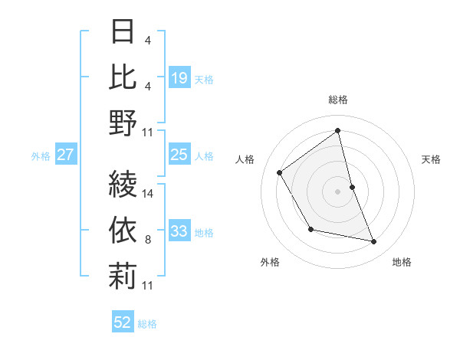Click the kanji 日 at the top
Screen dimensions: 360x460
point(123,31)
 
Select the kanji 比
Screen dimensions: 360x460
point(123,77)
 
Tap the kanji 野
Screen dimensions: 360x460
point(123,123)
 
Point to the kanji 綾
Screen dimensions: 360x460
point(123,182)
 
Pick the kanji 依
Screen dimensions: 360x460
point(123,229)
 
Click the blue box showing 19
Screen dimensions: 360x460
point(179,77)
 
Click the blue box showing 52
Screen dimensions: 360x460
point(123,322)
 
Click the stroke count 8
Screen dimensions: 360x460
point(148,240)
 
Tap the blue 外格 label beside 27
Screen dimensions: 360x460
point(41,156)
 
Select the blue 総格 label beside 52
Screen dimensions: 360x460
point(147,323)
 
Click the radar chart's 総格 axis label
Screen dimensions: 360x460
point(338,100)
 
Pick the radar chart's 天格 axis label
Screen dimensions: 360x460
point(432,159)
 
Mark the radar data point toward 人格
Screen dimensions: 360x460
point(280,173)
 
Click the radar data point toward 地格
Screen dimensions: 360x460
point(374,241)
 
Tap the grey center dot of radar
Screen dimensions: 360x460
point(338,191)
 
